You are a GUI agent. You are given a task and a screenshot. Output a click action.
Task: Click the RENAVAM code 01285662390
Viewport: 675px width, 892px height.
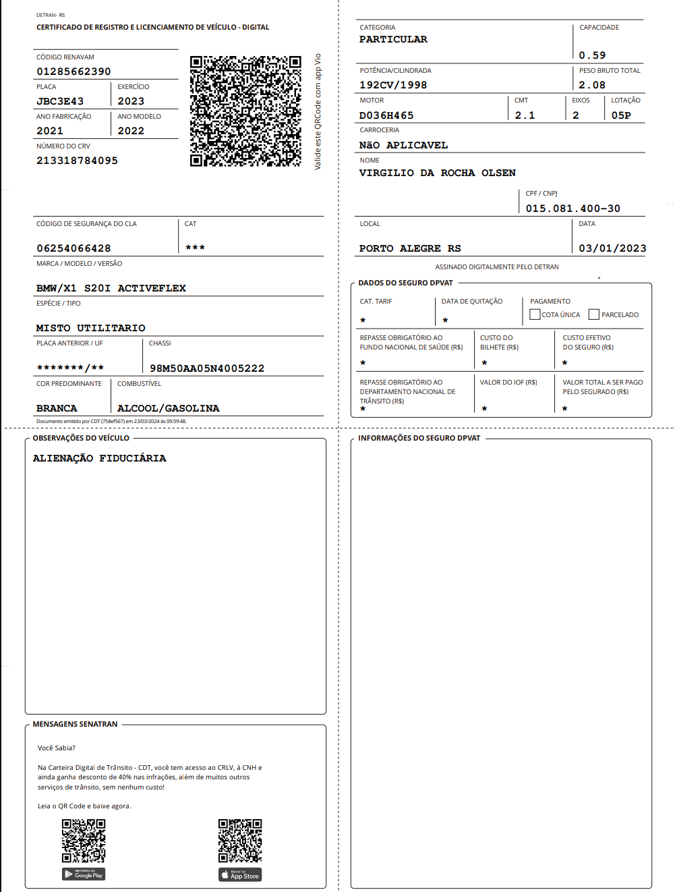pyautogui.click(x=74, y=72)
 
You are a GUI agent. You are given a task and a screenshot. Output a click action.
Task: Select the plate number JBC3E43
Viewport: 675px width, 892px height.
pyautogui.click(x=60, y=101)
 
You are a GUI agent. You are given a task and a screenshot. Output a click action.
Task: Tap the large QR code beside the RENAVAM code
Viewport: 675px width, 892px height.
pyautogui.click(x=245, y=111)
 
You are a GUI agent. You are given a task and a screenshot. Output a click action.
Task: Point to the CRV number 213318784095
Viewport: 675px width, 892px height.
pyautogui.click(x=77, y=161)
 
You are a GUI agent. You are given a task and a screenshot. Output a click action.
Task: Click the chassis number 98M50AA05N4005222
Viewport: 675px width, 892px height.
pyautogui.click(x=207, y=368)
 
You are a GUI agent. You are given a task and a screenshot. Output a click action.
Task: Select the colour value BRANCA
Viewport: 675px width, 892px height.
pyautogui.click(x=57, y=408)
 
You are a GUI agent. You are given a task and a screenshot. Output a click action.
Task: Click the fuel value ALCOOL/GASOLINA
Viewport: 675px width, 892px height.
pyautogui.click(x=168, y=408)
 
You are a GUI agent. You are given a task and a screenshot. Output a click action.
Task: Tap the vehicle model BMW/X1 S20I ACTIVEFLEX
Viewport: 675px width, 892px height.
pyautogui.click(x=111, y=288)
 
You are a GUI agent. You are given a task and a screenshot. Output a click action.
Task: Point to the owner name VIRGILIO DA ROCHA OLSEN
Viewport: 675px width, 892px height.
pyautogui.click(x=437, y=173)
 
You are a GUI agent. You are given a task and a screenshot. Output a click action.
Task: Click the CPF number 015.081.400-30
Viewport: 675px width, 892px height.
pyautogui.click(x=573, y=208)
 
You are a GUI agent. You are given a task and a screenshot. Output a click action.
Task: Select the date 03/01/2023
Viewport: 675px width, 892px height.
pyautogui.click(x=612, y=248)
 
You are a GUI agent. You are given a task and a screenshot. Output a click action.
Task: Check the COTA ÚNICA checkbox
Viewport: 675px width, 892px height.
pyautogui.click(x=535, y=314)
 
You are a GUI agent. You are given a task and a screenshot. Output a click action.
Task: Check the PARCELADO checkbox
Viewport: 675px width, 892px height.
pyautogui.click(x=593, y=314)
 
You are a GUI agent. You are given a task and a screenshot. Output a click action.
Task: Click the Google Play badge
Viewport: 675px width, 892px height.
pyautogui.click(x=84, y=874)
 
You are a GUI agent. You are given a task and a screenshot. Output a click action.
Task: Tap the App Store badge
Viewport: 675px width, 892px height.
pyautogui.click(x=240, y=875)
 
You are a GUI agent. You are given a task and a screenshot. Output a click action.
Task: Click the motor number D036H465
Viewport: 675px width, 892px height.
pyautogui.click(x=386, y=115)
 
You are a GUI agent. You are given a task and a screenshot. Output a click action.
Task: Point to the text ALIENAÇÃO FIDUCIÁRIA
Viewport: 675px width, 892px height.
pyautogui.click(x=99, y=458)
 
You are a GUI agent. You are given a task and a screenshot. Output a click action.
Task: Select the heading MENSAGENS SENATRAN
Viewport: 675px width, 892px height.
pyautogui.click(x=75, y=724)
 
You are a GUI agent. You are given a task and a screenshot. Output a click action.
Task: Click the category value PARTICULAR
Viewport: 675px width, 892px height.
pyautogui.click(x=393, y=39)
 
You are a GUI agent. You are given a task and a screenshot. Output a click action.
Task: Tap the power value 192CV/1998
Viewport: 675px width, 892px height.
pyautogui.click(x=393, y=85)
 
